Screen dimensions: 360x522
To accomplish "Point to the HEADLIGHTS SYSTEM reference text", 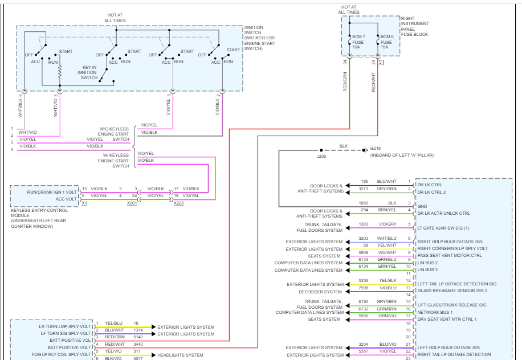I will (x=180, y=355).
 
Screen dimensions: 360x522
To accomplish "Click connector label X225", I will (x=179, y=203).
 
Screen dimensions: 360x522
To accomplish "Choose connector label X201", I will (x=132, y=203).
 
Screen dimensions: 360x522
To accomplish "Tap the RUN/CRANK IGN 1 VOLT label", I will (x=51, y=192).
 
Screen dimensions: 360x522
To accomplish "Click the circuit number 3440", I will (x=138, y=343).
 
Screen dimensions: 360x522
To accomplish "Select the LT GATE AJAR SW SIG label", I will (x=443, y=228).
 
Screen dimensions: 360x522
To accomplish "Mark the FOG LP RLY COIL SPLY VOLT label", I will (x=63, y=355).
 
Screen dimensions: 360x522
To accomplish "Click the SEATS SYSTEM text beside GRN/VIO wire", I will (x=324, y=320).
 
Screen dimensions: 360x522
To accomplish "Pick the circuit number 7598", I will (x=363, y=288).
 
